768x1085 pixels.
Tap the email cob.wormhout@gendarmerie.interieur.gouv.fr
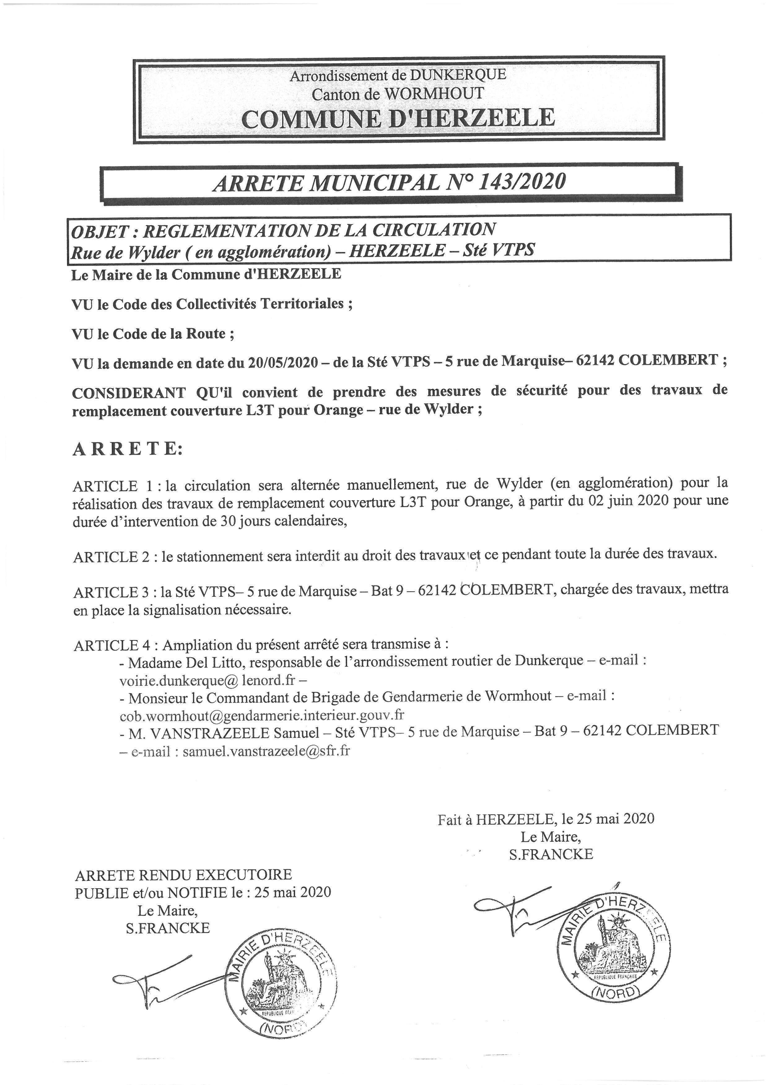pyautogui.click(x=261, y=714)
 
